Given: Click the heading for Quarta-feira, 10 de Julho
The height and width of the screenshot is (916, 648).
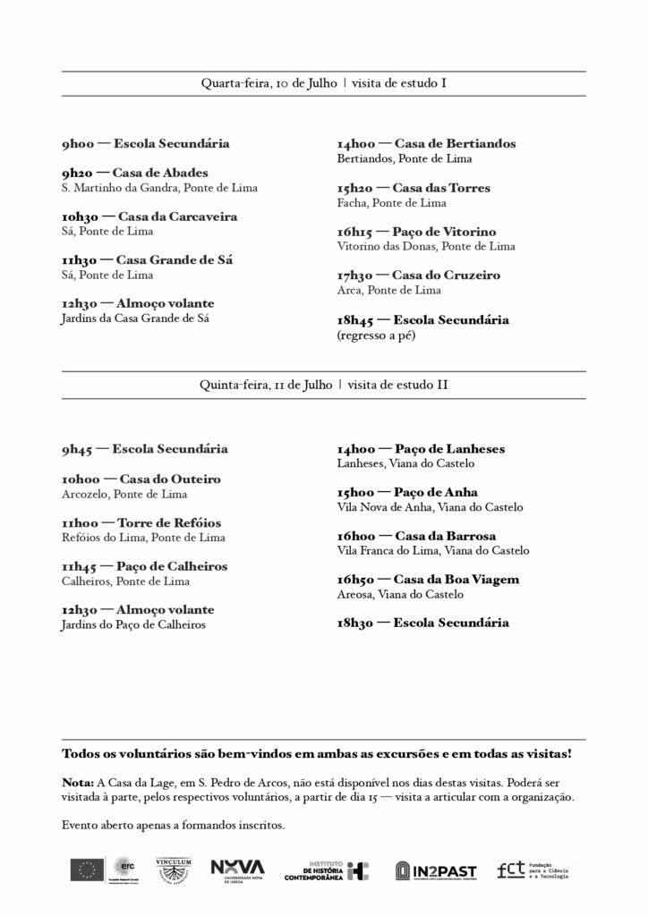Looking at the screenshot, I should pyautogui.click(x=323, y=83).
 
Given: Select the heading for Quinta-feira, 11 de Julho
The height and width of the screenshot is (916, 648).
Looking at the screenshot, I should pyautogui.click(x=323, y=385).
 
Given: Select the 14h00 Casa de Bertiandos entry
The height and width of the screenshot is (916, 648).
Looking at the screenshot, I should pyautogui.click(x=426, y=143).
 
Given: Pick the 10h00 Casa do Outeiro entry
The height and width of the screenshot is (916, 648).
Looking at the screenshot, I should pyautogui.click(x=141, y=479).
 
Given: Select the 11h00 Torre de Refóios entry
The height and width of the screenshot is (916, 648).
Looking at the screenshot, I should pyautogui.click(x=141, y=522).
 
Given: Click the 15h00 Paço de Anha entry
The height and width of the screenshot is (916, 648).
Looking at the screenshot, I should pyautogui.click(x=407, y=492).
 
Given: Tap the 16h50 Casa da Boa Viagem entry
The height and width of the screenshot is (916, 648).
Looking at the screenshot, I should pyautogui.click(x=428, y=580).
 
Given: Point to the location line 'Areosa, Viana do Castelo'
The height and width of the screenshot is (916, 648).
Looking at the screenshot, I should pyautogui.click(x=400, y=594).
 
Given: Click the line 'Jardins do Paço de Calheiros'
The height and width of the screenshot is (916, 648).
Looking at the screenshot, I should pyautogui.click(x=133, y=624).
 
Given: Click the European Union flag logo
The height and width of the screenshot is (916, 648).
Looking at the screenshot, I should pyautogui.click(x=88, y=869).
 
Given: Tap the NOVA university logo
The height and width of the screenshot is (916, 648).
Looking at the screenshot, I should pyautogui.click(x=238, y=869).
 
